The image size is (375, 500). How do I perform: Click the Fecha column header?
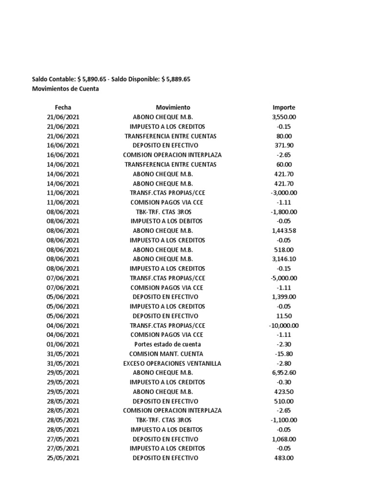62,107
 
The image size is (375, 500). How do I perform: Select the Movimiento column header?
173,107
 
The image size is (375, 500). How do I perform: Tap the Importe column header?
284,107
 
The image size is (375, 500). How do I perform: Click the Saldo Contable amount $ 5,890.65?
92,79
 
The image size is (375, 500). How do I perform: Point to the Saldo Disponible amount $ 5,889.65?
175,79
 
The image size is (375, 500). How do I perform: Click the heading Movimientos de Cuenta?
65,89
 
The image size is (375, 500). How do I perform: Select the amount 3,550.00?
284,117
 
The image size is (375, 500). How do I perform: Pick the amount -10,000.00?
284,326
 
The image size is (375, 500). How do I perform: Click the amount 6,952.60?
284,373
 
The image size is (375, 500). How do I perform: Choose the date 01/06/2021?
62,344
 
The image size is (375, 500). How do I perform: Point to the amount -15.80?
284,354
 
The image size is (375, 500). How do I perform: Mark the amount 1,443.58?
284,230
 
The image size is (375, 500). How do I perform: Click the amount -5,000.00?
284,278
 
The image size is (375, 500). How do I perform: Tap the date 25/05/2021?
62,458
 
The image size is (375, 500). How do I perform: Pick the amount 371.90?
284,146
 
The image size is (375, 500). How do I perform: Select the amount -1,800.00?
284,212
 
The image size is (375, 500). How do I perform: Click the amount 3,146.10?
284,259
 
